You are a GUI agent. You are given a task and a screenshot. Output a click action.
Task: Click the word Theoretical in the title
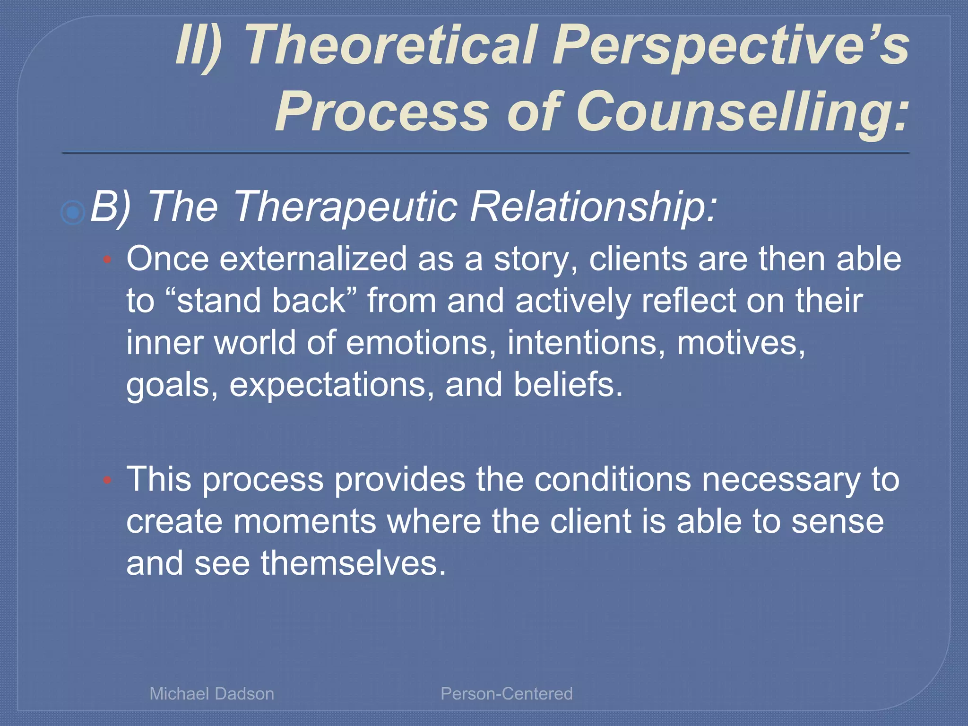point(391,46)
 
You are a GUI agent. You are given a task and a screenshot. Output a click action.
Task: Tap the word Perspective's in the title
point(730,46)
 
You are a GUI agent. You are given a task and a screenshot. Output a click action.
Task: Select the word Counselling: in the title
point(742,112)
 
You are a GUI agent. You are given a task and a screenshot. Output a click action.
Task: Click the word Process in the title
point(382,112)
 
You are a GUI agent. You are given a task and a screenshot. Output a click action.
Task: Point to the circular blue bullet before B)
point(73,212)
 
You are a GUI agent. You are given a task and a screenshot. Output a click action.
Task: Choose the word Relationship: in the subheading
point(593,207)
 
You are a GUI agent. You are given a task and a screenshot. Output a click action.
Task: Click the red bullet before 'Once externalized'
point(107,259)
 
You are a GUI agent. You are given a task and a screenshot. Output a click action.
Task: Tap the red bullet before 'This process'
point(107,480)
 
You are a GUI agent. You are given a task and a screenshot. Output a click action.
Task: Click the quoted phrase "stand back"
point(261,301)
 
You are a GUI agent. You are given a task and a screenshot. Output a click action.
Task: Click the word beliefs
point(568,384)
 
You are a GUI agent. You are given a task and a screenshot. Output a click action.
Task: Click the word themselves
point(353,563)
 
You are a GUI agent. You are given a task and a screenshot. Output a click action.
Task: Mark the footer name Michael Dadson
point(212,693)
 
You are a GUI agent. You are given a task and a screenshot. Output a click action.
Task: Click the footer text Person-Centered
point(506,693)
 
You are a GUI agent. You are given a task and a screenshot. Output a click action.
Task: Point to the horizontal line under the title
point(485,153)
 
